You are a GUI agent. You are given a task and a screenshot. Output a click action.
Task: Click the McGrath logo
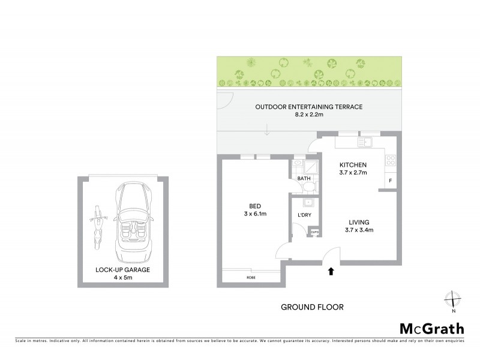click(x=431, y=328)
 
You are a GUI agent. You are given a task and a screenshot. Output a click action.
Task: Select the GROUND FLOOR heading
click(x=312, y=307)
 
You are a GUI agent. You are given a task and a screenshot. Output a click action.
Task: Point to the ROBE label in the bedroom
click(x=250, y=277)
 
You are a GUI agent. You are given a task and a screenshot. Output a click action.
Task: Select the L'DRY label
click(x=303, y=215)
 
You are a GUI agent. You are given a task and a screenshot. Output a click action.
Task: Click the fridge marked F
click(x=390, y=181)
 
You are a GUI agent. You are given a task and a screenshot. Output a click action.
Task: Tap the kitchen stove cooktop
click(x=390, y=160)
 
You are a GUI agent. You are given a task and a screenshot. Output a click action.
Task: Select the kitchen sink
click(x=365, y=142)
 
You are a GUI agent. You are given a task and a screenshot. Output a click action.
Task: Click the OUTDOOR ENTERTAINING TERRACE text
click(x=308, y=107)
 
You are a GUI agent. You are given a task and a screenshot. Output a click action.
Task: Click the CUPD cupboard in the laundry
click(x=314, y=232)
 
